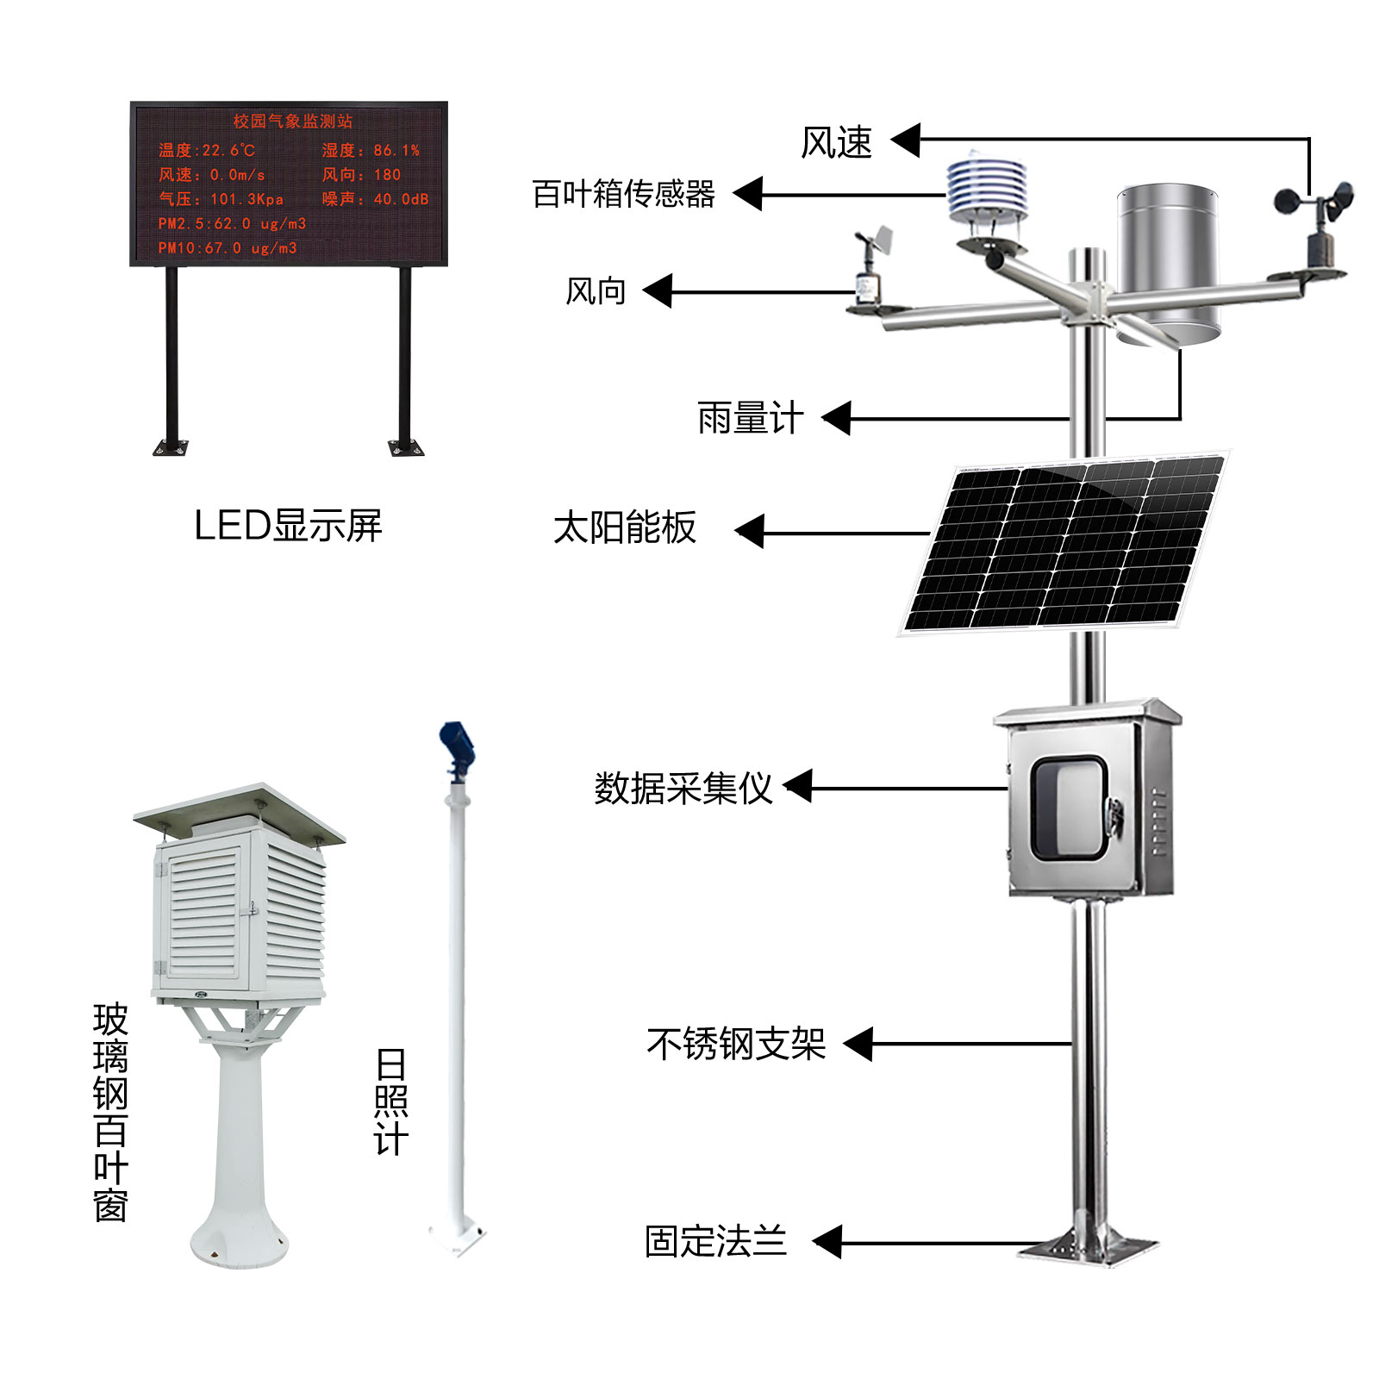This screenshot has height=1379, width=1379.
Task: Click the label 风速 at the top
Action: point(836,142)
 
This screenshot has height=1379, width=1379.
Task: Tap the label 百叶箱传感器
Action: point(623,194)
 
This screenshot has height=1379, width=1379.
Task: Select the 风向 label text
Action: point(595,291)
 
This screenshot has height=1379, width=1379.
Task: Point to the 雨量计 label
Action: point(750,419)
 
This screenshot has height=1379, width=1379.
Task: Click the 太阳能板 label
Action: point(624,527)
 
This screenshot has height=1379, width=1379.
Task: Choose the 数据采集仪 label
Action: point(683,788)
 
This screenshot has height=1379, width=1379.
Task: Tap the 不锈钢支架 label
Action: point(736,1044)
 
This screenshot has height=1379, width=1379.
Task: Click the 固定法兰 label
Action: point(715,1242)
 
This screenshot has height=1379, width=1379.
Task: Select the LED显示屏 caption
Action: point(288,525)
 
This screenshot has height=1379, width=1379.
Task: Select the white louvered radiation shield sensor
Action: point(987,194)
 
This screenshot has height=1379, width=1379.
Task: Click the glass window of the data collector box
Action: point(1069,808)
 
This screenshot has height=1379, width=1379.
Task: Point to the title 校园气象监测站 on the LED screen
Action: point(292,122)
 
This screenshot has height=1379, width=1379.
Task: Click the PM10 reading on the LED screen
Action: point(228,248)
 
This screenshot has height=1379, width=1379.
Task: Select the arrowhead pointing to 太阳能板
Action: point(751,532)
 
